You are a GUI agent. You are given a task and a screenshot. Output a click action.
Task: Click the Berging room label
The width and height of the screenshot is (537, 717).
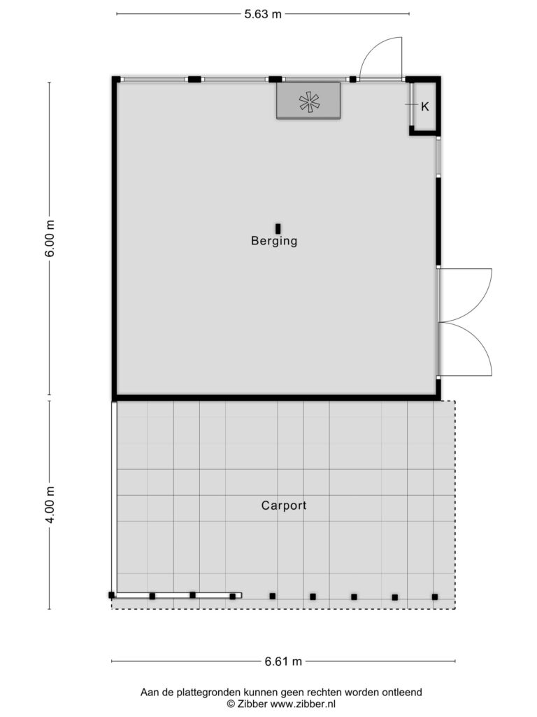pyautogui.click(x=274, y=241)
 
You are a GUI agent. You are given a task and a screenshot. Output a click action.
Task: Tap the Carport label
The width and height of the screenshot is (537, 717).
pyautogui.click(x=284, y=506)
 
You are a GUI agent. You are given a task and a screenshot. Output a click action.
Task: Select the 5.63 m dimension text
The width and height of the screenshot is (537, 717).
pyautogui.click(x=263, y=14)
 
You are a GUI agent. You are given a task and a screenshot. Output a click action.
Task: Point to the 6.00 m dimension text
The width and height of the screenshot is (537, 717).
pyautogui.click(x=50, y=238)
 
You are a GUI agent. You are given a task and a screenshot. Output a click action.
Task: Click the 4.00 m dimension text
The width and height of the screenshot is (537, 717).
pyautogui.click(x=50, y=505)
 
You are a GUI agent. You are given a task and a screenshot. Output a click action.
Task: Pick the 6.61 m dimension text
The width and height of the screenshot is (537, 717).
pyautogui.click(x=283, y=661)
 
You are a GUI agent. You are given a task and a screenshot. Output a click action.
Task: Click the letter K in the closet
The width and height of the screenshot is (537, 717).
pyautogui.click(x=424, y=106)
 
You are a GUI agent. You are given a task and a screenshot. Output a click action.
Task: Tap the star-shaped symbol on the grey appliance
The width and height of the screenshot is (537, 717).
pyautogui.click(x=309, y=102)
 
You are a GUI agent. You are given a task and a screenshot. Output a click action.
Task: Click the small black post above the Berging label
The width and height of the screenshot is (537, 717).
pyautogui.click(x=278, y=229)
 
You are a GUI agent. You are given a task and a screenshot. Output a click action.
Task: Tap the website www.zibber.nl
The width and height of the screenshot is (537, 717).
pyautogui.click(x=303, y=704)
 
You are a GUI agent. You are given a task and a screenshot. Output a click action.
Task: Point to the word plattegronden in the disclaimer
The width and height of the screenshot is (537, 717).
pyautogui.click(x=210, y=692)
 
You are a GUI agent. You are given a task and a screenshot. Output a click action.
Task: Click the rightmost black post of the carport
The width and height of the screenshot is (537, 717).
pyautogui.click(x=435, y=597)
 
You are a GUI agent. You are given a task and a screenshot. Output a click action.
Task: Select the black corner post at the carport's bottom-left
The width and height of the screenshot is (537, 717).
pyautogui.click(x=111, y=595)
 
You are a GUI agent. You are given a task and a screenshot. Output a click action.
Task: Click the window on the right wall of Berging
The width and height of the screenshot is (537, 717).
pyautogui.click(x=438, y=156)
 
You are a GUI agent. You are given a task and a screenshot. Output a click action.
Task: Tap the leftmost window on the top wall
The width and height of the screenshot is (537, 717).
pyautogui.click(x=155, y=79)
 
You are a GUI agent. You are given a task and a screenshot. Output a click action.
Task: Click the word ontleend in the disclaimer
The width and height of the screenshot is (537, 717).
pyautogui.click(x=402, y=692)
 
